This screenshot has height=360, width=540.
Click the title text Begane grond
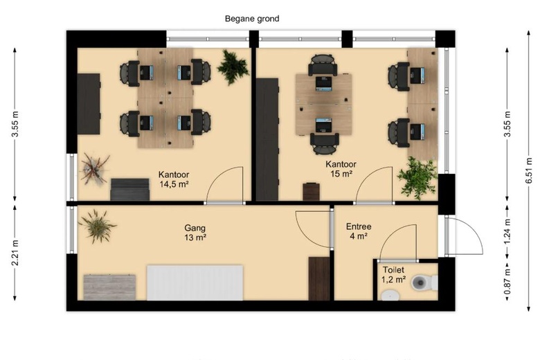(252, 19)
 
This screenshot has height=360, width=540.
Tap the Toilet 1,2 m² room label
(393, 275)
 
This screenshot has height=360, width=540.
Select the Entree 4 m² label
(359, 231)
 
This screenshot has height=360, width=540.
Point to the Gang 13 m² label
(195, 233)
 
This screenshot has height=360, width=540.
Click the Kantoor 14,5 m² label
(174, 179)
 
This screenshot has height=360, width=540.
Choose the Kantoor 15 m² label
(341, 169)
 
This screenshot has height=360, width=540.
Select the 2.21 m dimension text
(15, 253)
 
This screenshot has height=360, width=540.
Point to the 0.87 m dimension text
(507, 282)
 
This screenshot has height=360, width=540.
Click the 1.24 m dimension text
(507, 231)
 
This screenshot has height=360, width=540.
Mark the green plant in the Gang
(98, 226)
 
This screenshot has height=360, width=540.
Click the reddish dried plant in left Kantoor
(95, 169)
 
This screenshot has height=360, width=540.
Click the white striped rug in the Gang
(195, 282)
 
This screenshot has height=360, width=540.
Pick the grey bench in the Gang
(109, 287)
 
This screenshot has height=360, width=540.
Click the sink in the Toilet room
(390, 295)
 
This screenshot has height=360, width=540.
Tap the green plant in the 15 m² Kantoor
(417, 177)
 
